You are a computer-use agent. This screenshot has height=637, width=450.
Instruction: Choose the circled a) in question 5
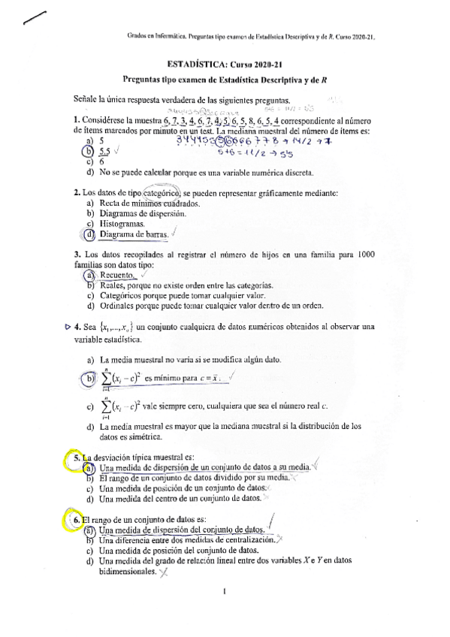click(x=89, y=467)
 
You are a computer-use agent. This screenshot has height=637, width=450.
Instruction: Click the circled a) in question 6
click(x=89, y=530)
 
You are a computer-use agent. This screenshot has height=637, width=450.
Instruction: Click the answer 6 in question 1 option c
click(x=101, y=161)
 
